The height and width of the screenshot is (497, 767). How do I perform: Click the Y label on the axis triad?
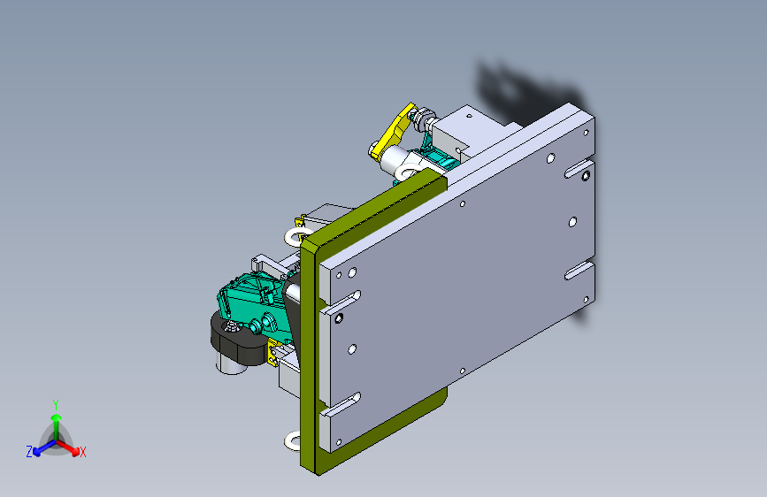(x=56, y=405)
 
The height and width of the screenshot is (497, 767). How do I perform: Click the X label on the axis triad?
(x=82, y=452)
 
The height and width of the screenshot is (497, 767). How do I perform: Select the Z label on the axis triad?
(x=29, y=452)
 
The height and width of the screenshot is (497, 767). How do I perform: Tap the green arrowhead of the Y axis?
(x=57, y=417)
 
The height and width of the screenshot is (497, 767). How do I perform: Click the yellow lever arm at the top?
(x=393, y=131)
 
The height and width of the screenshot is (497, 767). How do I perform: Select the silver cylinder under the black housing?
(x=232, y=365)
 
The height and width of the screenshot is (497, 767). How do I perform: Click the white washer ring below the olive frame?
(x=292, y=441)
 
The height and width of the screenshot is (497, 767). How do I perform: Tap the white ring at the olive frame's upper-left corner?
(x=295, y=236)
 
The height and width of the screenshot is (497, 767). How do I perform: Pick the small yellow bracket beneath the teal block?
(x=272, y=353)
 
